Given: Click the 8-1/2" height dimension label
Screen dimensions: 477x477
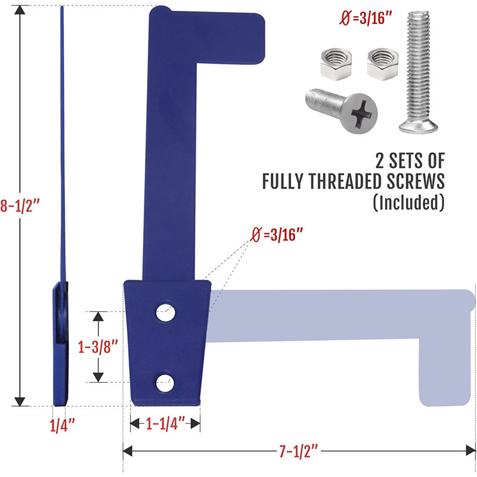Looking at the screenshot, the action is (20, 205).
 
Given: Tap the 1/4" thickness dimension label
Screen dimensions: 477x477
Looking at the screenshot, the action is (62, 425).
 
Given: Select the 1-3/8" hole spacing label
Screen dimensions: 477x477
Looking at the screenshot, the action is (98, 346).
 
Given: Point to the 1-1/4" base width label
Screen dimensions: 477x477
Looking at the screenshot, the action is (165, 423).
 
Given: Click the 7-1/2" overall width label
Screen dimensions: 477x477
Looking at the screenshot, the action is (299, 451).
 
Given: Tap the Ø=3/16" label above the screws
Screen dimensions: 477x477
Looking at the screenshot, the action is (365, 18).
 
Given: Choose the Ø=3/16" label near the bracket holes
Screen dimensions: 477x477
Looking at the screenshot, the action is (277, 235).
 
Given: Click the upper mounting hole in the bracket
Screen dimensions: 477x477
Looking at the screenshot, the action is (166, 312).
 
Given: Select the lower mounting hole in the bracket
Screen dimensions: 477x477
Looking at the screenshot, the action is (165, 383).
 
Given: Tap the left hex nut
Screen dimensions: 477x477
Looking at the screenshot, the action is (336, 64).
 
